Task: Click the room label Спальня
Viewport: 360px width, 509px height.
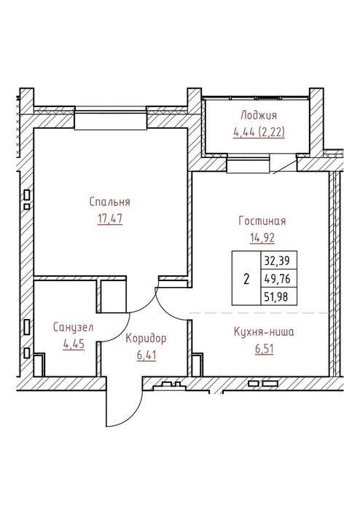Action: (x=110, y=202)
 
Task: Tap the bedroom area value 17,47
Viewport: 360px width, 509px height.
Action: (x=110, y=218)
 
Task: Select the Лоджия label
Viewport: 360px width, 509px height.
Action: (x=259, y=116)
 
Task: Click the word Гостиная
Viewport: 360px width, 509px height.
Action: (x=262, y=221)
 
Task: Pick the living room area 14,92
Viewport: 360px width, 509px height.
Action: (x=262, y=238)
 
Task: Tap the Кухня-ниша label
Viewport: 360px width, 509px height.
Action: (x=264, y=332)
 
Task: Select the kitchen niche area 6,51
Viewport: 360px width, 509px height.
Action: (x=264, y=349)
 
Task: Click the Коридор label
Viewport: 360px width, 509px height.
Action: (x=146, y=339)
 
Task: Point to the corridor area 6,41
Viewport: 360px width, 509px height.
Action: (x=146, y=355)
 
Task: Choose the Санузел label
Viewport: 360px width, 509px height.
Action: (x=73, y=327)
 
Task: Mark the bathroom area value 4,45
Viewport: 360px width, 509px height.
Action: (x=74, y=344)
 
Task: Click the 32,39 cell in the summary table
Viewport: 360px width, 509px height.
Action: (x=279, y=261)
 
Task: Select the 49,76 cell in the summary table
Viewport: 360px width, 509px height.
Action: (x=279, y=278)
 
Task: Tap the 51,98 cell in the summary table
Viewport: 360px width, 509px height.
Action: (x=279, y=296)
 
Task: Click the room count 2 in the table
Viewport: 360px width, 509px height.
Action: (x=246, y=278)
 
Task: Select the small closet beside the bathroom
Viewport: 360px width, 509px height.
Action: (x=113, y=296)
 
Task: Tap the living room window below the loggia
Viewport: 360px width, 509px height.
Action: (x=248, y=165)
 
